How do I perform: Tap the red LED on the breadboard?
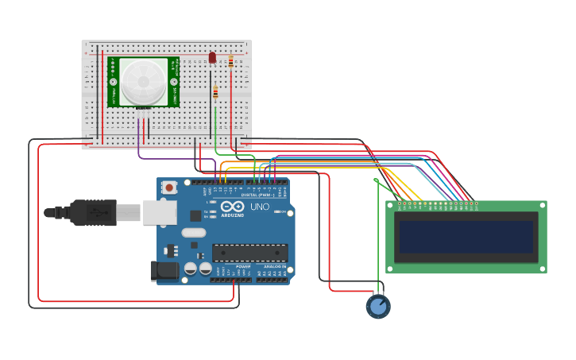212,57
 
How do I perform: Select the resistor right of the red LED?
231,61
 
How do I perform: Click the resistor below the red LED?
215,93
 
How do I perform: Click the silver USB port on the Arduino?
160,212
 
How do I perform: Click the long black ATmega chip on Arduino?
249,253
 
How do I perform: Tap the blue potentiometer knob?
378,306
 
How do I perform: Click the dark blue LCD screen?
466,237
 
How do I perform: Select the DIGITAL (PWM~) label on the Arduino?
257,195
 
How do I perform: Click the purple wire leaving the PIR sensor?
140,143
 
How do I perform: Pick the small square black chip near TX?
195,215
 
